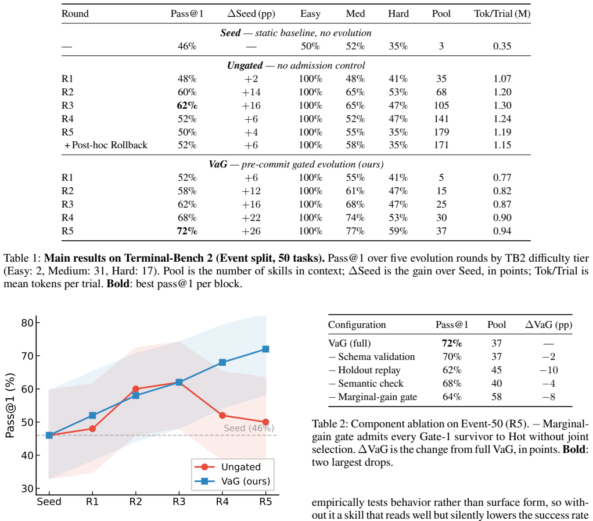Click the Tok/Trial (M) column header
pos(502,13)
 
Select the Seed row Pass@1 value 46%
pos(187,46)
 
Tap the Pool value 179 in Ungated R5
pos(441,132)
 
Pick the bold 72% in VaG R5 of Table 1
pos(187,231)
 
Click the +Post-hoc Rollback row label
pos(106,145)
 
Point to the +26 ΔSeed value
pos(251,231)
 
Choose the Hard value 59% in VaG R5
pos(398,231)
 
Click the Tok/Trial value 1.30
pos(502,105)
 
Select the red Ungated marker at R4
pos(222,415)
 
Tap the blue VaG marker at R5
pos(265,349)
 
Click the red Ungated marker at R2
pos(136,389)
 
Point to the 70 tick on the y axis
pos(28,356)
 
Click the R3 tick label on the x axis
pos(179,502)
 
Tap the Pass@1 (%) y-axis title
pos(10,405)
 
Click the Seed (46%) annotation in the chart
pos(249,428)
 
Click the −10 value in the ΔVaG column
pos(548,370)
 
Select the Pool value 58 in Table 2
pos(497,397)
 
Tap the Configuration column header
pos(357,325)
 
